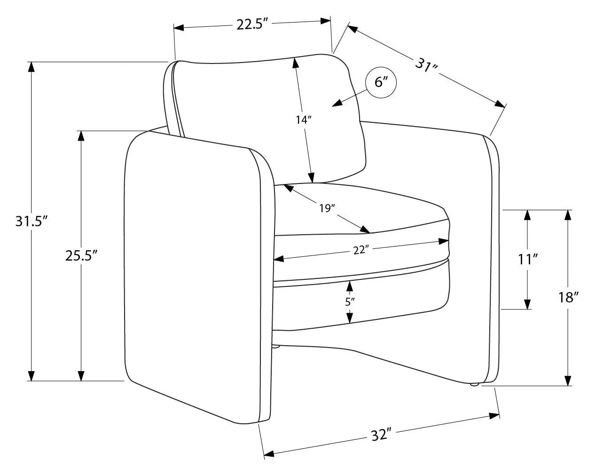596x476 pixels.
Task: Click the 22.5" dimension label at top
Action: point(252,24)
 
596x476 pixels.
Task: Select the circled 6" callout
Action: point(381,83)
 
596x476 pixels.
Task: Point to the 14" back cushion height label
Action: point(304,120)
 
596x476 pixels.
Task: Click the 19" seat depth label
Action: point(327,208)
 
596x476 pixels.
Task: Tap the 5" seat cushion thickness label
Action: point(350,301)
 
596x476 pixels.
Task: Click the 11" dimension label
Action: point(528,260)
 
